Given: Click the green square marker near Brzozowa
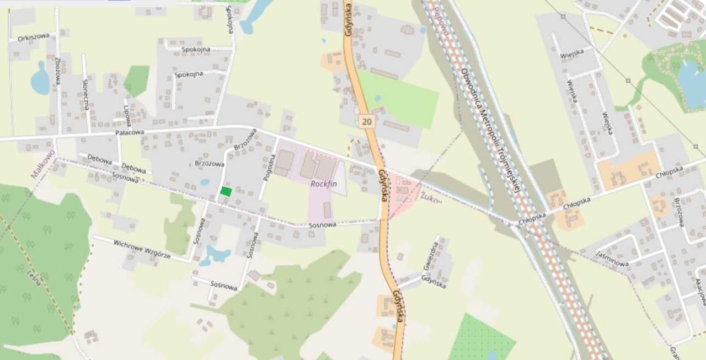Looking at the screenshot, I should [226, 191].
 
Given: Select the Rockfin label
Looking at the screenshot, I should [323, 184].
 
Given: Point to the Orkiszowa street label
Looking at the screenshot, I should [34, 37].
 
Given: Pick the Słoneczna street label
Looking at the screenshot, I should [85, 94].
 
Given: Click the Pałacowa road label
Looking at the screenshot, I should [130, 133].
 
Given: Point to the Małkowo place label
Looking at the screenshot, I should [43, 164].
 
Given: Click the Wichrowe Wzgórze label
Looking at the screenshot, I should [142, 249].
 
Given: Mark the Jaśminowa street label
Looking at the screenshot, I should [612, 259].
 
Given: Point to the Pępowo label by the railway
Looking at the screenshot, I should [440, 14].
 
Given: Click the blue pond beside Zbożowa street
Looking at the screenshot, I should [40, 79].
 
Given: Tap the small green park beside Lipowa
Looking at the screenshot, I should [137, 79].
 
